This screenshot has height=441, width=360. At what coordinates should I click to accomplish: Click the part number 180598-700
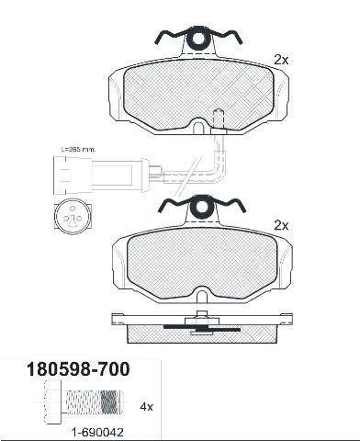click(78, 369)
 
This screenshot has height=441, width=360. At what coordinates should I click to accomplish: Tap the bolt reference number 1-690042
click(97, 433)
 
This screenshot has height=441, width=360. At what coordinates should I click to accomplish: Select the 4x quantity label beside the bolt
click(146, 407)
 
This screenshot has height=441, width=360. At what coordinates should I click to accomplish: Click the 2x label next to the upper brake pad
click(281, 61)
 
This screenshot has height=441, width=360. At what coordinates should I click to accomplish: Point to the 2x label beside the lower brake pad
click(281, 226)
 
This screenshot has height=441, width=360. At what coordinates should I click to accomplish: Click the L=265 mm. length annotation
click(78, 150)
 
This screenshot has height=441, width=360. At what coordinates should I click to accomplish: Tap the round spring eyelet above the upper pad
click(200, 39)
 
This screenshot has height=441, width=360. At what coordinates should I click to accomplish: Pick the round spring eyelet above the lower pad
click(201, 207)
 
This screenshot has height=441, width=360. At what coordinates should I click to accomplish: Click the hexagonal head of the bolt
click(53, 401)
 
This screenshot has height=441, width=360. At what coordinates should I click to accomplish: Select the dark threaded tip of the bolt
click(109, 401)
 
